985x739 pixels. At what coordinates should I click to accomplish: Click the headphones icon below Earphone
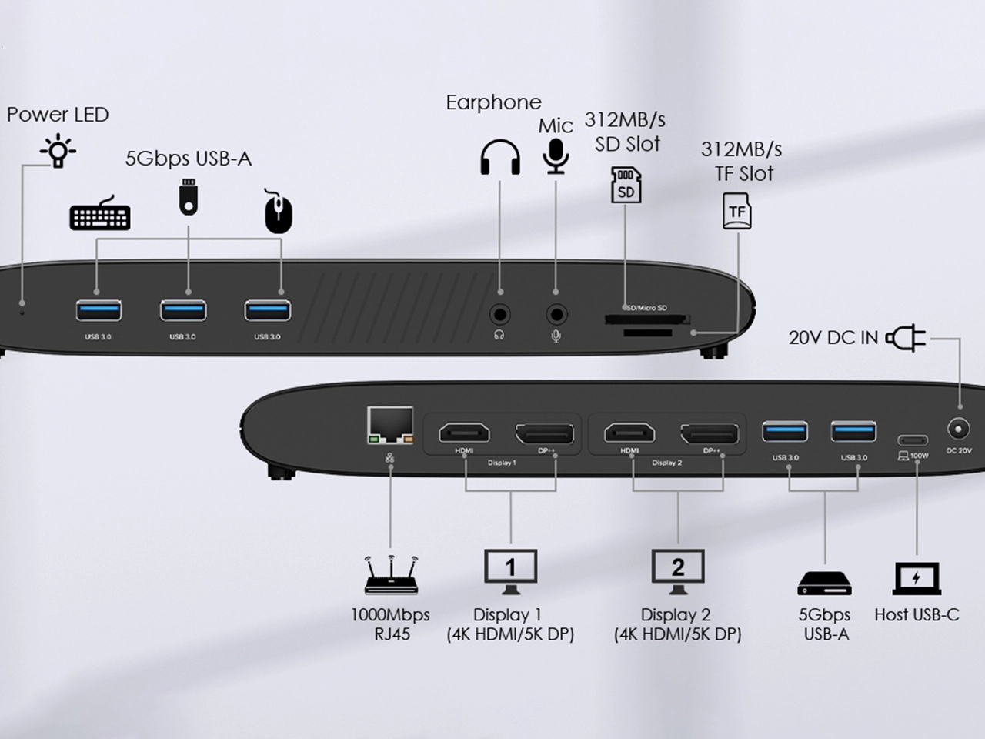point(500,158)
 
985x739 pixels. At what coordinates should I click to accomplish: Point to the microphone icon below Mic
point(556,155)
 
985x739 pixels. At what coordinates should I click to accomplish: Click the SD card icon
point(626,185)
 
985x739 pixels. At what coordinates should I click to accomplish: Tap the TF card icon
point(736,211)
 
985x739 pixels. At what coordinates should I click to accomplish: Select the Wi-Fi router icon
point(391,574)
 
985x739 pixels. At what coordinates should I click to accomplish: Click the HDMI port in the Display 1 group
point(464,433)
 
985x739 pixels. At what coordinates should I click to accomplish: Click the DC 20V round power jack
point(959,429)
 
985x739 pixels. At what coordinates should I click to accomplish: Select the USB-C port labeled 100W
point(913,441)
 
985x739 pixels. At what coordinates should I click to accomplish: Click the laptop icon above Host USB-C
point(917,579)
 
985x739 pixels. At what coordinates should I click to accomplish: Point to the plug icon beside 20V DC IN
point(906,338)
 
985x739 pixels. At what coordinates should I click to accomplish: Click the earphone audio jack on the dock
point(500,315)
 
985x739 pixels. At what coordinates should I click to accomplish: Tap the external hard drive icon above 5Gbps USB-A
point(825,583)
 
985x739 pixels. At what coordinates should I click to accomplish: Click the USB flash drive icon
point(189,197)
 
